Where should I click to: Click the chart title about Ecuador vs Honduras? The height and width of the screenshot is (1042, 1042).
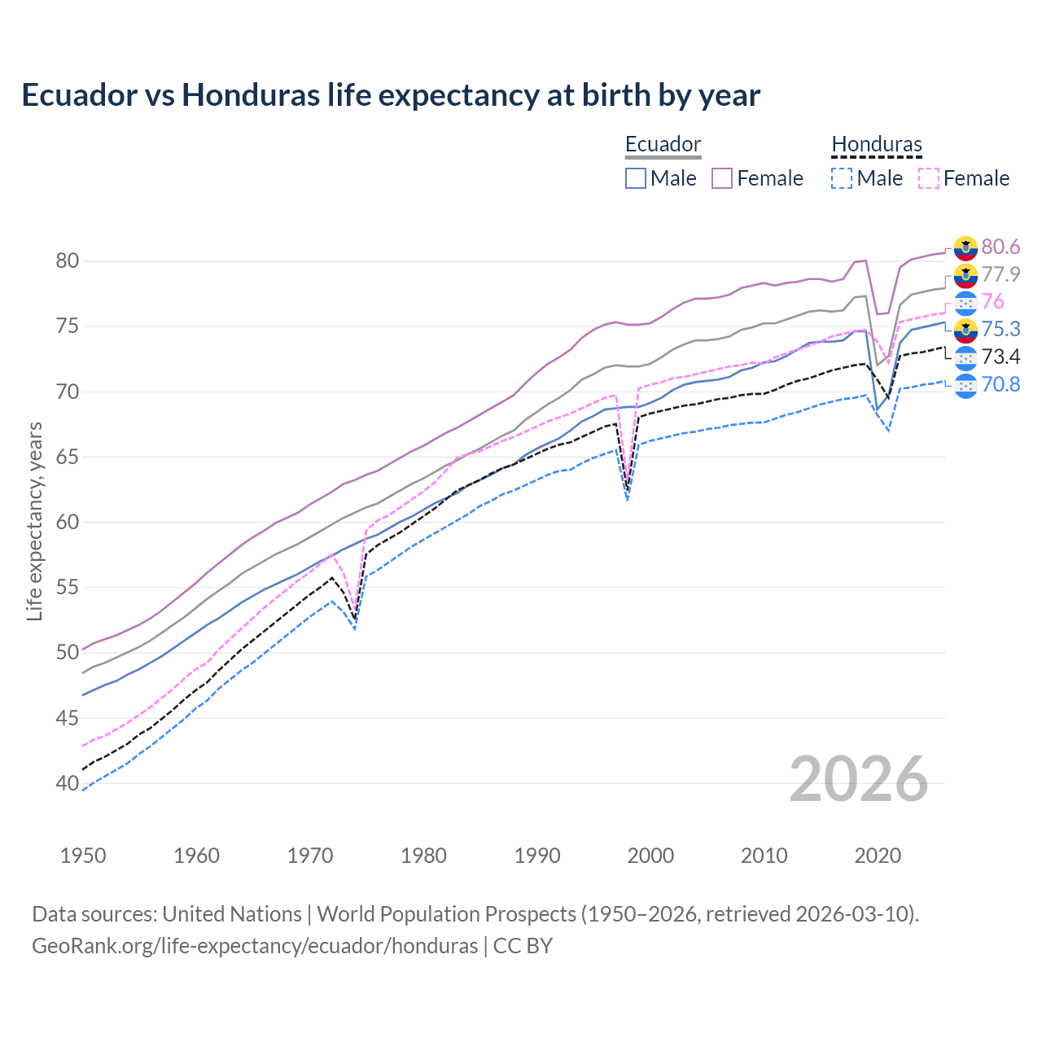(391, 95)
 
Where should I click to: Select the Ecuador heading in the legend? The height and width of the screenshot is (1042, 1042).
(663, 145)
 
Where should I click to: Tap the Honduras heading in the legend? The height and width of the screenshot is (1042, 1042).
(876, 145)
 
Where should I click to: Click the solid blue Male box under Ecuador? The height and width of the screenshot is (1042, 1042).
(636, 178)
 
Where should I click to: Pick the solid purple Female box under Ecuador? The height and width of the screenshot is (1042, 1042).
(722, 178)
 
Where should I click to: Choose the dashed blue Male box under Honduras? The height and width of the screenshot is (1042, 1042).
(842, 178)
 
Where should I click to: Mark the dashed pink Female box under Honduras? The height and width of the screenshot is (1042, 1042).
(928, 178)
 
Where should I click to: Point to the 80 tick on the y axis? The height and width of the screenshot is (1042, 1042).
(68, 261)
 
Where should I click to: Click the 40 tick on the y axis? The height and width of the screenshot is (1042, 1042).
(68, 784)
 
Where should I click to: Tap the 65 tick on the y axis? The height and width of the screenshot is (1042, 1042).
(68, 458)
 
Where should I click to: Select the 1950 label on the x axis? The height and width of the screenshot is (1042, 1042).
(83, 856)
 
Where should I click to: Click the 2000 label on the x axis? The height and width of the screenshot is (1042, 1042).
(650, 856)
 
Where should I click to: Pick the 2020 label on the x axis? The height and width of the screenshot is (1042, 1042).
(878, 856)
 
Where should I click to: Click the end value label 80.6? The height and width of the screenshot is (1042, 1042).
(1000, 247)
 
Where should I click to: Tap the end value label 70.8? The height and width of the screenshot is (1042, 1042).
(1000, 384)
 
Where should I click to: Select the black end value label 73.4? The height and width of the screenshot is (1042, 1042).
(1000, 357)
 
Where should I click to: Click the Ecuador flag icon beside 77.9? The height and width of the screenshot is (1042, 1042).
(965, 275)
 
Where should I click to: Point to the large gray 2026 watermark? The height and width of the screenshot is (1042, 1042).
(859, 779)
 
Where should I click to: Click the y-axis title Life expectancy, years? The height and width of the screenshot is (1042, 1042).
(34, 521)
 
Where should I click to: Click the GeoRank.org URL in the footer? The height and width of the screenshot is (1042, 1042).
(255, 946)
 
